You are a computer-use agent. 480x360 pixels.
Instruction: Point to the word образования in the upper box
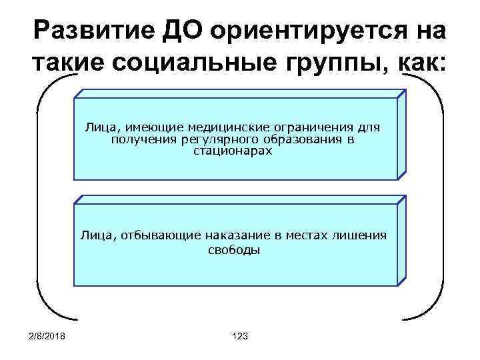click(301, 139)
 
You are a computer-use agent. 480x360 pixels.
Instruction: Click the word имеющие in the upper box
click(155, 126)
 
